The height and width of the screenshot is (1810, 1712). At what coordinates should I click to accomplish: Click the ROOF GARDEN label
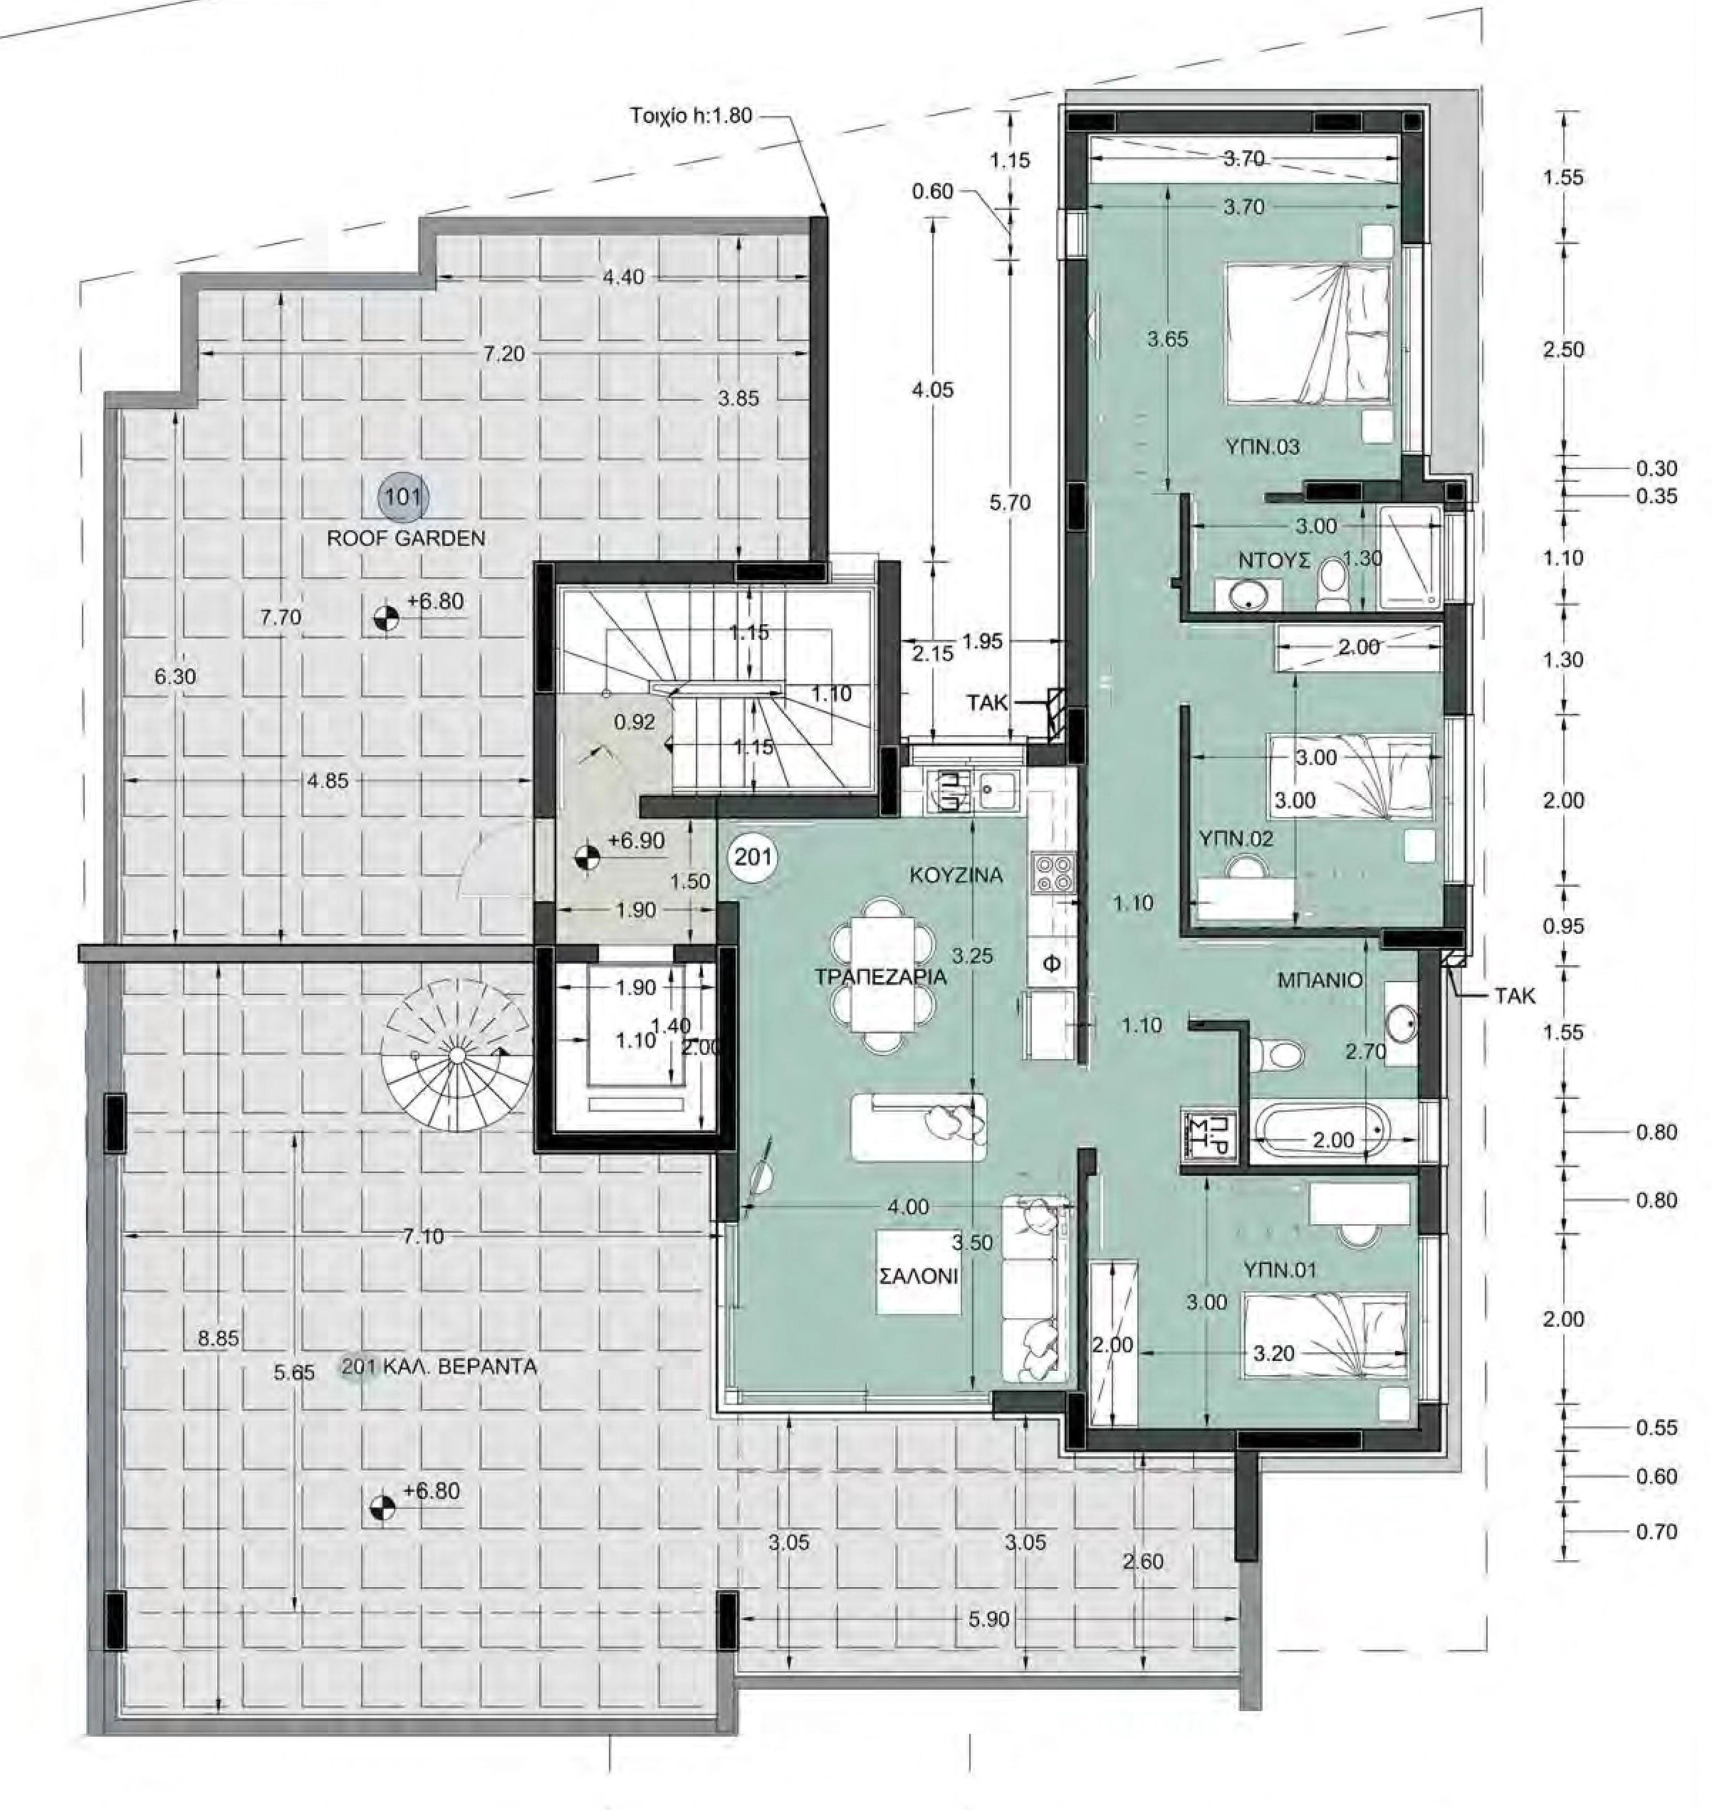(406, 538)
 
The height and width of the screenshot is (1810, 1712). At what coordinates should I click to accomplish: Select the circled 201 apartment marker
(753, 857)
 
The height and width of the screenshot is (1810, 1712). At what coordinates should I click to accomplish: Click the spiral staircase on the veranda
(456, 1055)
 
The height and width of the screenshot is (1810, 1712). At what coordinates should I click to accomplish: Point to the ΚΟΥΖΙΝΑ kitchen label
(956, 875)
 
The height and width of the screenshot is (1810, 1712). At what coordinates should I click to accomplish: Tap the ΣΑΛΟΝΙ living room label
(919, 1275)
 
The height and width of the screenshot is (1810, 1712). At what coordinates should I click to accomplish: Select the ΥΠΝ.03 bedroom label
(1263, 447)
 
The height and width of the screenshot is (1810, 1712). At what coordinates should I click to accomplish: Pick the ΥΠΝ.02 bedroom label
(1236, 838)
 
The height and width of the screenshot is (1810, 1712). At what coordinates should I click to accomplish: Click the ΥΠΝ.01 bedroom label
(1280, 1270)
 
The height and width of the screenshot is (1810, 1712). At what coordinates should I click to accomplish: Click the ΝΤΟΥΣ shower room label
(1274, 560)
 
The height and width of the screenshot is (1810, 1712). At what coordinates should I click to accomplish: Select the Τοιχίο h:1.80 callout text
(691, 116)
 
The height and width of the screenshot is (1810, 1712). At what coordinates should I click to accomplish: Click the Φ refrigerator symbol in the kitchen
(1051, 964)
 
